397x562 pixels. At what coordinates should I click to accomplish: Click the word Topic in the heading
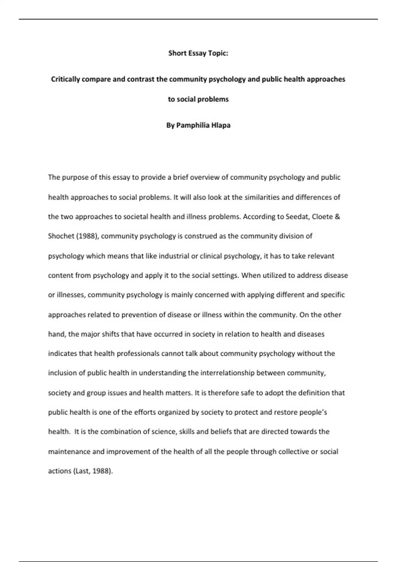pos(218,53)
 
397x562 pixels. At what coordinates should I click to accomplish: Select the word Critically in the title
pos(66,79)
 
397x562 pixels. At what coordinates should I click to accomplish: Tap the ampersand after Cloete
pos(337,217)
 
